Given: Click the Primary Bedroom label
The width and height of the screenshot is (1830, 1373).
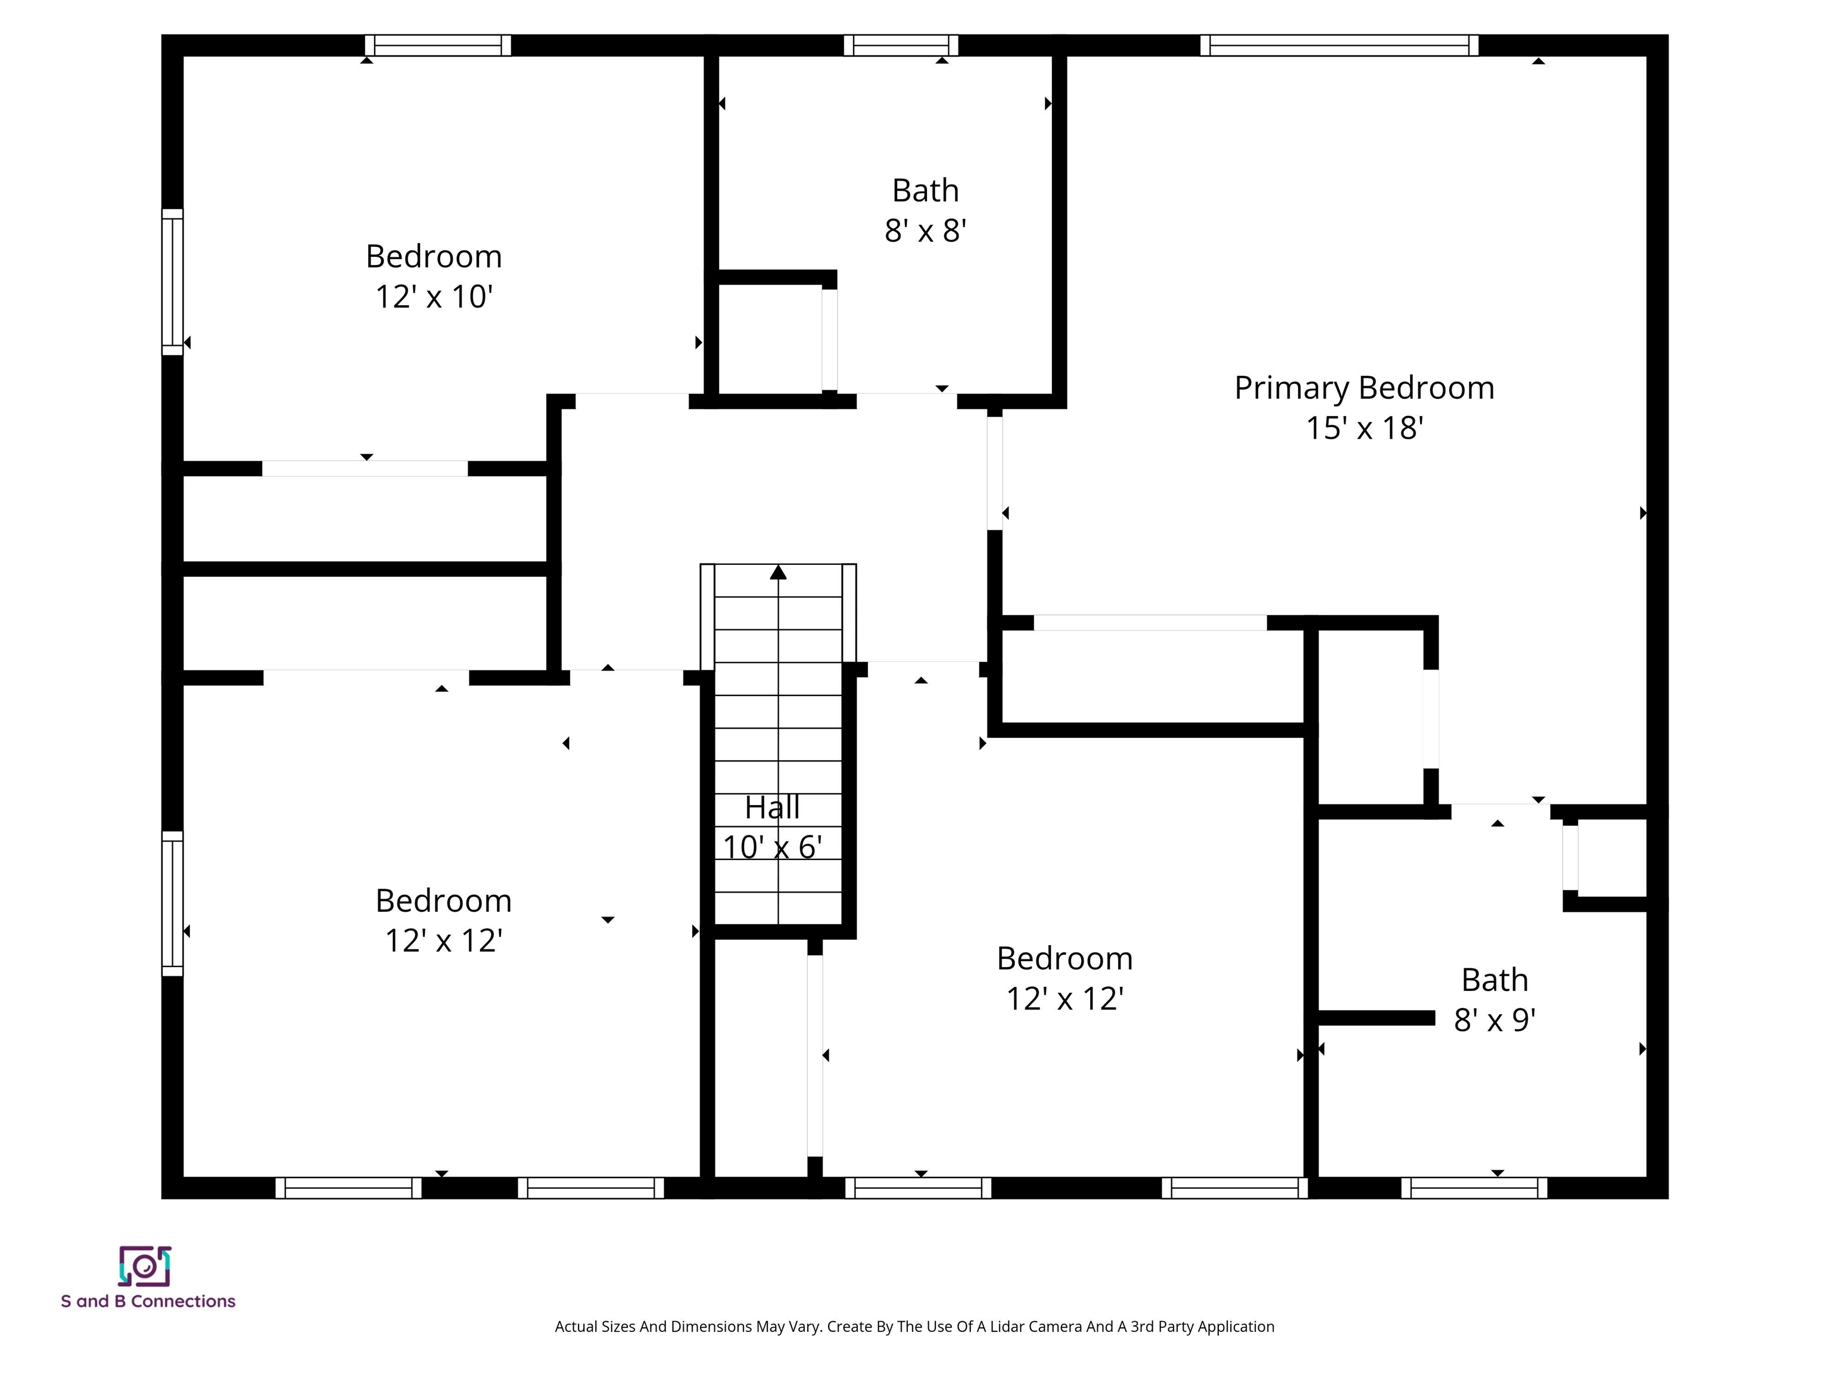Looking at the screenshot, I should (1364, 388).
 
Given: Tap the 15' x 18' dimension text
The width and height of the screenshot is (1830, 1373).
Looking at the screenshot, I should (1364, 428).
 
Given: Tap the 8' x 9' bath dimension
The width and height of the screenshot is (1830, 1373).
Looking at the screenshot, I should (1494, 1020).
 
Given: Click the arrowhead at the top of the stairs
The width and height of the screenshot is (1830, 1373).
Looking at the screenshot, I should (777, 572).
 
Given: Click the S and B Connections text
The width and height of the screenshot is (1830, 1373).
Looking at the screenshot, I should (148, 1301).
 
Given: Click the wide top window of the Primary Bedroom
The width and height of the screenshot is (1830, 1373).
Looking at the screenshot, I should (1339, 45).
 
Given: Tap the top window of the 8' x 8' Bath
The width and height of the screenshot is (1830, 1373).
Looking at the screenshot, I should (900, 45).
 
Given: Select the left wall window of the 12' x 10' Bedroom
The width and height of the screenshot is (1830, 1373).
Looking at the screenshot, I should (172, 281).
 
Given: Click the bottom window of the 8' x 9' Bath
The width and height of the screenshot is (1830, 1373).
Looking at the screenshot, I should (1473, 1188).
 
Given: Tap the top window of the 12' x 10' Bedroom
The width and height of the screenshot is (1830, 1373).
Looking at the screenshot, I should (438, 45).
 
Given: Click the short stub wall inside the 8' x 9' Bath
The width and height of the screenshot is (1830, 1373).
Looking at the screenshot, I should (1375, 1018).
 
